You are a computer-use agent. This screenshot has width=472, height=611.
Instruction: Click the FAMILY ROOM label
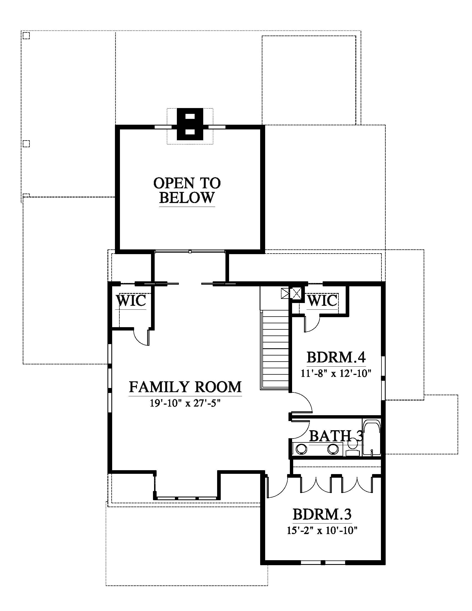click(185, 387)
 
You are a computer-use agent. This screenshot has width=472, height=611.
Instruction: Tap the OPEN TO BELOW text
click(187, 191)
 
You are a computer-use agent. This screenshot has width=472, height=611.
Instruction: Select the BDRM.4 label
click(336, 357)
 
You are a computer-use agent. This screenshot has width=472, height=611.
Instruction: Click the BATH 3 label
click(337, 435)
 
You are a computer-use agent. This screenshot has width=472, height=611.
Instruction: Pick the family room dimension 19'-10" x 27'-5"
click(185, 403)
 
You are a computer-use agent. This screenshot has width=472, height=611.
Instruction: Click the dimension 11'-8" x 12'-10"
click(336, 373)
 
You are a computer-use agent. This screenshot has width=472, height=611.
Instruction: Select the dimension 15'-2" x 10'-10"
click(322, 530)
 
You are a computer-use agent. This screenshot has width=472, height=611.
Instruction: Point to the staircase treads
click(275, 351)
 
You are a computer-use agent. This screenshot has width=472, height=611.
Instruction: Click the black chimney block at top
click(190, 124)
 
